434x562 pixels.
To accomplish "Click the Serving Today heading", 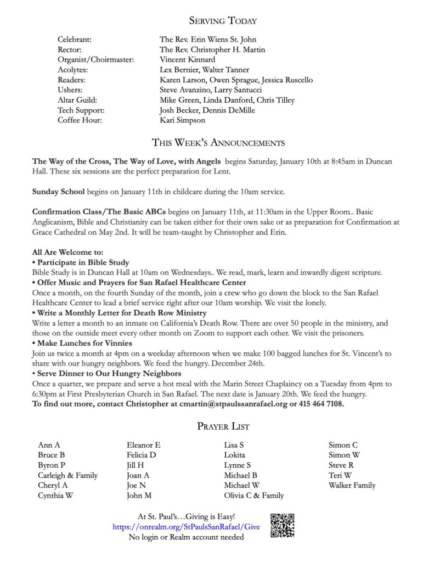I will click(x=223, y=21).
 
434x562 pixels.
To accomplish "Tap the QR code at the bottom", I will click(x=283, y=525).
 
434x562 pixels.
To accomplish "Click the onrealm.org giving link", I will click(x=186, y=527).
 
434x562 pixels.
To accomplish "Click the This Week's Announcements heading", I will click(x=218, y=143).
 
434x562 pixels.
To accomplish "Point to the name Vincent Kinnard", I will click(x=187, y=59).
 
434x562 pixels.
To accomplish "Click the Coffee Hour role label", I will click(x=80, y=120).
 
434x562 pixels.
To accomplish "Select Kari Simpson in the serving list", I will click(x=182, y=120).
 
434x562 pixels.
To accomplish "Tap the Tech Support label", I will click(x=80, y=110).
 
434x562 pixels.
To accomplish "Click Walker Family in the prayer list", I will click(x=352, y=485).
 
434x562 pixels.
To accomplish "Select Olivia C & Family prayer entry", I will click(x=253, y=495).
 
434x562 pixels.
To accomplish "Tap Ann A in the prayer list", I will click(x=49, y=445).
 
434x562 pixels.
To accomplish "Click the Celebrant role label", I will click(x=74, y=40).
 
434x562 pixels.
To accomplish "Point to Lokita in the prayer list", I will click(x=234, y=455).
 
